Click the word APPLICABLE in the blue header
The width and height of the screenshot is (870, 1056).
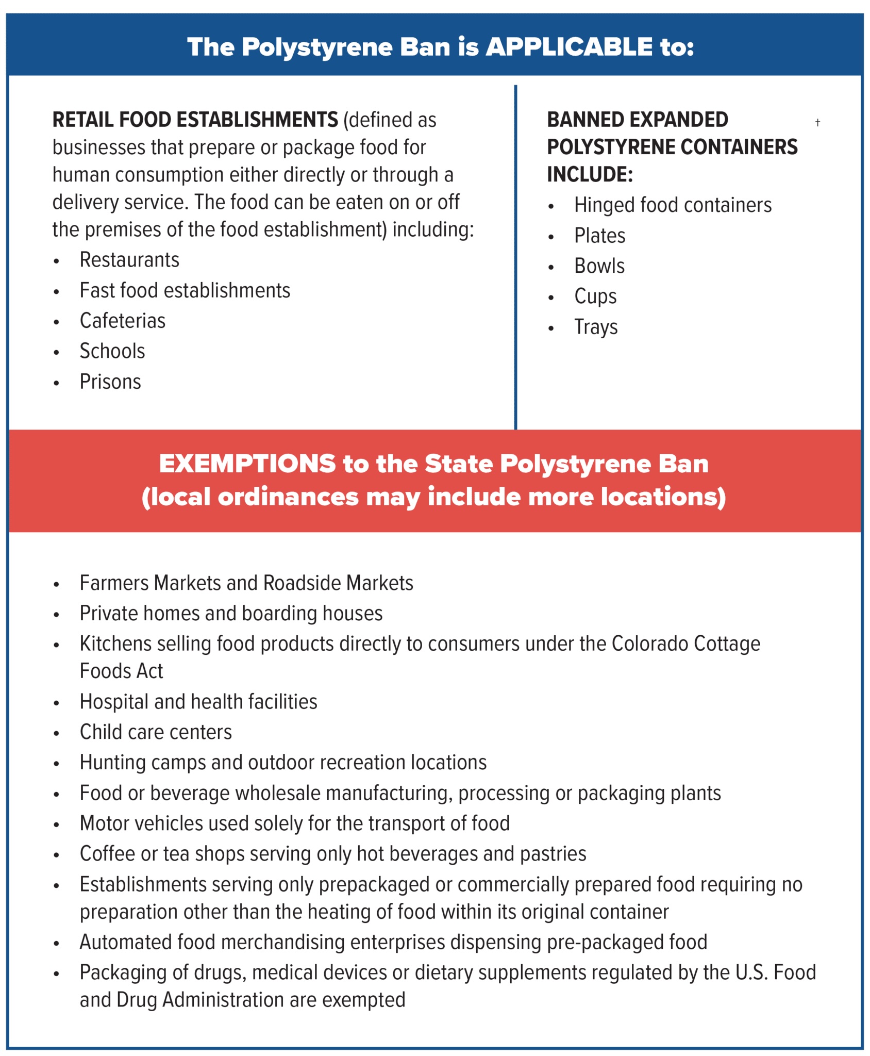coord(569,47)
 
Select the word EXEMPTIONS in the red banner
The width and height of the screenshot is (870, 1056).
coord(247,464)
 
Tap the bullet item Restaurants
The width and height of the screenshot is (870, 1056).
coord(129,260)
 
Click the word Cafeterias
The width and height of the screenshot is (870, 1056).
coord(123,321)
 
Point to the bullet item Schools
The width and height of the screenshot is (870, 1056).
coord(112,351)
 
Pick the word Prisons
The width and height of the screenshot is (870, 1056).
coord(110,382)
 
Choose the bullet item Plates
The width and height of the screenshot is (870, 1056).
coord(599,236)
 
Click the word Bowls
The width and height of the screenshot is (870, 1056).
coord(599,266)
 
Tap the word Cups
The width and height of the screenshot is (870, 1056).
coord(595,296)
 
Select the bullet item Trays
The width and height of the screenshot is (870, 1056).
coord(596,327)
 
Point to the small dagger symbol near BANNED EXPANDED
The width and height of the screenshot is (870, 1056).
coord(817,122)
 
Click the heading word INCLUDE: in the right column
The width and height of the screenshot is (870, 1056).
coord(590,174)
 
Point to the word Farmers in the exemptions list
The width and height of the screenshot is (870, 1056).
coord(114,583)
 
